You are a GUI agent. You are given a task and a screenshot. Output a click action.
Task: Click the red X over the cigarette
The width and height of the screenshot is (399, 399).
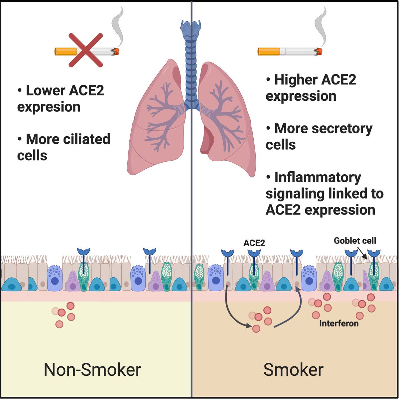pos(86,50)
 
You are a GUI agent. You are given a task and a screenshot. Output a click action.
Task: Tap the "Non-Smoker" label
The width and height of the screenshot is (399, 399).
pos(92,370)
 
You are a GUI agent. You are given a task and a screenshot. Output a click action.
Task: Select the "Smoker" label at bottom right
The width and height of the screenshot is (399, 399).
pos(293,370)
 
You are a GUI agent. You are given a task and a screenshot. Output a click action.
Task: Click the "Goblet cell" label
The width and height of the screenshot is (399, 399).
pos(355,241)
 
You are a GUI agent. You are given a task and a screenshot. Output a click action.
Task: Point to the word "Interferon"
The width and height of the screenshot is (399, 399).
pos(339,324)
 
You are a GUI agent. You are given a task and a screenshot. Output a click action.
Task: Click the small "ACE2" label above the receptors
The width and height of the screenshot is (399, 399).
pos(254,243)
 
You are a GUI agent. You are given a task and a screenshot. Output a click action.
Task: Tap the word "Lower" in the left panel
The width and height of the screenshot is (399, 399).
pos(46,90)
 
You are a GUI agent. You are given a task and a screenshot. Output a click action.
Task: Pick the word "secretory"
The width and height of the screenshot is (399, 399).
pos(342,129)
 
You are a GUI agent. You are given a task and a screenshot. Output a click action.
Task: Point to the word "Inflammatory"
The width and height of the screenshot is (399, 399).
pos(318,178)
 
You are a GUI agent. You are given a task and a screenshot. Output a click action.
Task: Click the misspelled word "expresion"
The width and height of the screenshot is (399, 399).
pos(49,107)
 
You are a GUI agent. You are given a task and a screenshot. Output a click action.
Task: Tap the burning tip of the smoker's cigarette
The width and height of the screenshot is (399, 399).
pos(319,52)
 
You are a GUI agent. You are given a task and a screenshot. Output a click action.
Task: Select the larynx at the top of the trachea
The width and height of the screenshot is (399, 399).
pos(191,29)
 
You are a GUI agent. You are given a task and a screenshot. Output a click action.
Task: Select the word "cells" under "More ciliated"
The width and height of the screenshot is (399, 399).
pos(32,156)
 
